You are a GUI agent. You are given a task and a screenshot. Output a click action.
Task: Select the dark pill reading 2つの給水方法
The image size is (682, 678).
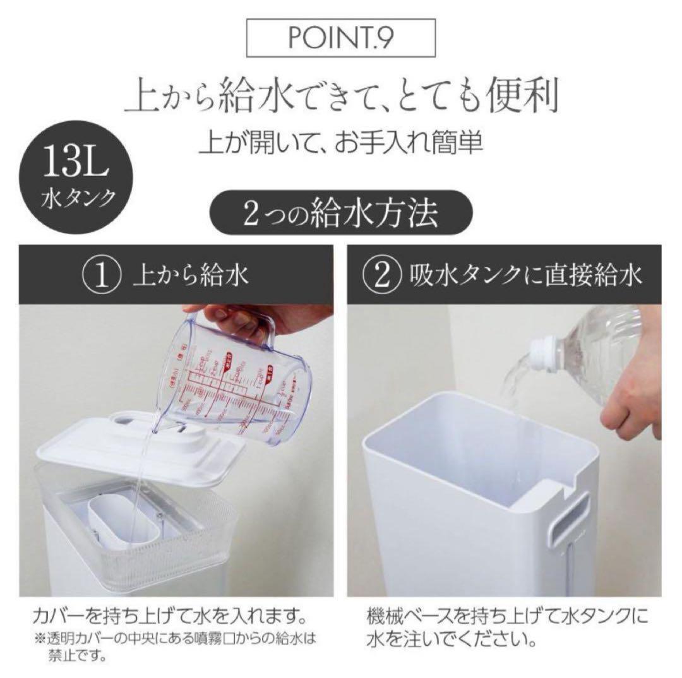pos(342,215)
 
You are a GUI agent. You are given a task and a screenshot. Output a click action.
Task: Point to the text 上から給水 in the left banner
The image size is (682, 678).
pos(190,276)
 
